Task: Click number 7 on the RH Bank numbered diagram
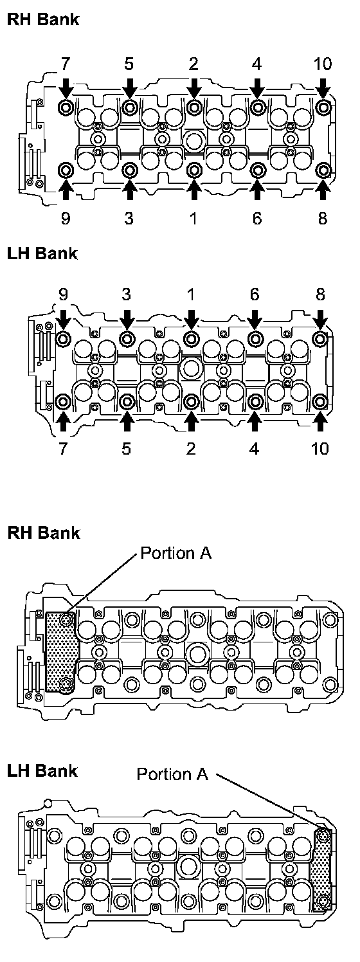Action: pos(65,64)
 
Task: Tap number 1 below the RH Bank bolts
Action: pos(194,218)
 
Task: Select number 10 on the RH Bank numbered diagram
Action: pos(323,64)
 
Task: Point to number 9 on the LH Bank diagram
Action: pos(63,295)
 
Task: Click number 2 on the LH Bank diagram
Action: pos(191,448)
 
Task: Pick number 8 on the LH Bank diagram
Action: pos(320,295)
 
